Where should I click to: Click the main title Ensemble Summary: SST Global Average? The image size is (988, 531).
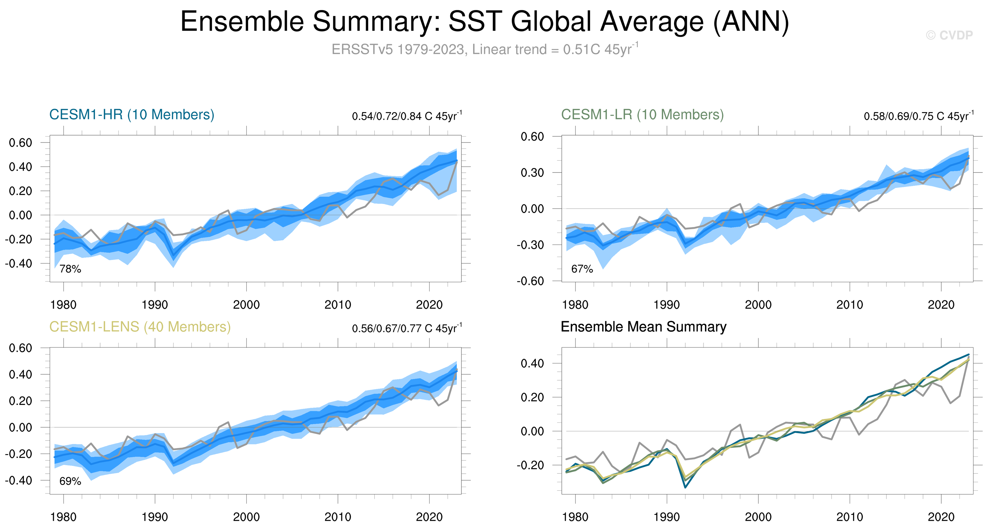coord(484,22)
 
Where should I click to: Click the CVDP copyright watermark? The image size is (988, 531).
coord(949,35)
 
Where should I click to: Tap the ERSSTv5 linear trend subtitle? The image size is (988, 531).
coord(484,49)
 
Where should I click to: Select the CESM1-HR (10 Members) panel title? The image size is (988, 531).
coord(132,115)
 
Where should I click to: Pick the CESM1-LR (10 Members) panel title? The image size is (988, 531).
coord(642,115)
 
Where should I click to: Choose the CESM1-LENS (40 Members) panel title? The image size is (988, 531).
coord(140,327)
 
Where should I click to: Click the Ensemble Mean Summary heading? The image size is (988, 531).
coord(643,327)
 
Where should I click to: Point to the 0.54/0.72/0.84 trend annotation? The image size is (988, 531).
coord(406,116)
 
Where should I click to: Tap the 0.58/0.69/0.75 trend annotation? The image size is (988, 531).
coord(918,116)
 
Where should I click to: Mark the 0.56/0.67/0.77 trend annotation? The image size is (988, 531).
coord(406,328)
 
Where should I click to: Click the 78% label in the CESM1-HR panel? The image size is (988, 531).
coord(70,269)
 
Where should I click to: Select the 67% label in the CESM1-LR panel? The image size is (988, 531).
coord(582,269)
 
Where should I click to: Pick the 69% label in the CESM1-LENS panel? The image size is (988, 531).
coord(70,481)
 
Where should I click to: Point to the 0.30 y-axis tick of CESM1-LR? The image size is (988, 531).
coord(532,173)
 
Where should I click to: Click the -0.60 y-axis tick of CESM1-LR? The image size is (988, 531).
coord(530,281)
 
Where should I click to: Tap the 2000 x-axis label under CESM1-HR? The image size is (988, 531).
coord(246,305)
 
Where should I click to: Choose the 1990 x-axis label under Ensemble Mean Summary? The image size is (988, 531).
coord(666,517)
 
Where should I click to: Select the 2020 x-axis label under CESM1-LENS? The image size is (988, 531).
coord(429,517)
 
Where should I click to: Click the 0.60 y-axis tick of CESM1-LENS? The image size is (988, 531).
coord(20,348)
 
